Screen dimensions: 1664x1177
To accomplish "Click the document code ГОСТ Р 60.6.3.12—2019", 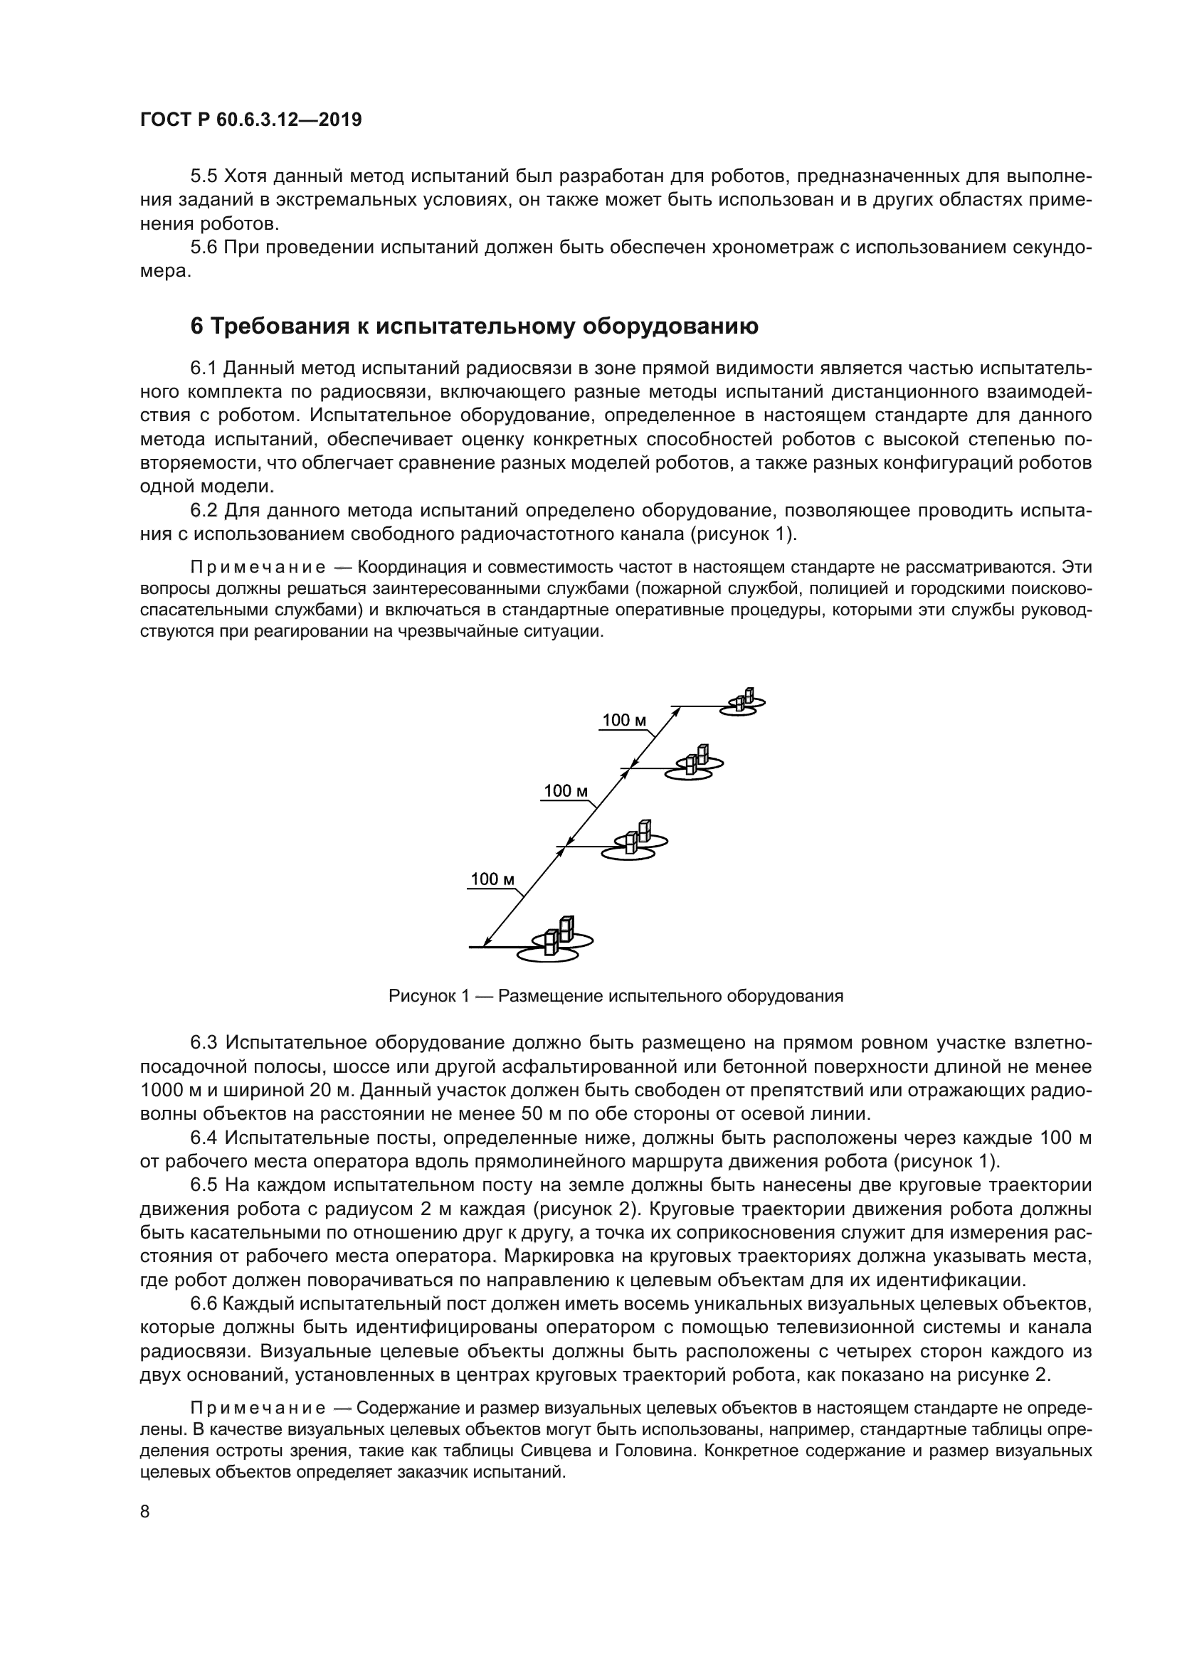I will click(250, 120).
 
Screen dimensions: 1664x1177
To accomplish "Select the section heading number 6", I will click(196, 327).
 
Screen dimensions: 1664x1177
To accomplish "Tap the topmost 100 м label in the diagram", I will click(624, 721).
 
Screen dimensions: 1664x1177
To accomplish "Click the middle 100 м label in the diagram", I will click(565, 791).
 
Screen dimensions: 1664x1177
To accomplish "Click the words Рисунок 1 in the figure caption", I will click(430, 996).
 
